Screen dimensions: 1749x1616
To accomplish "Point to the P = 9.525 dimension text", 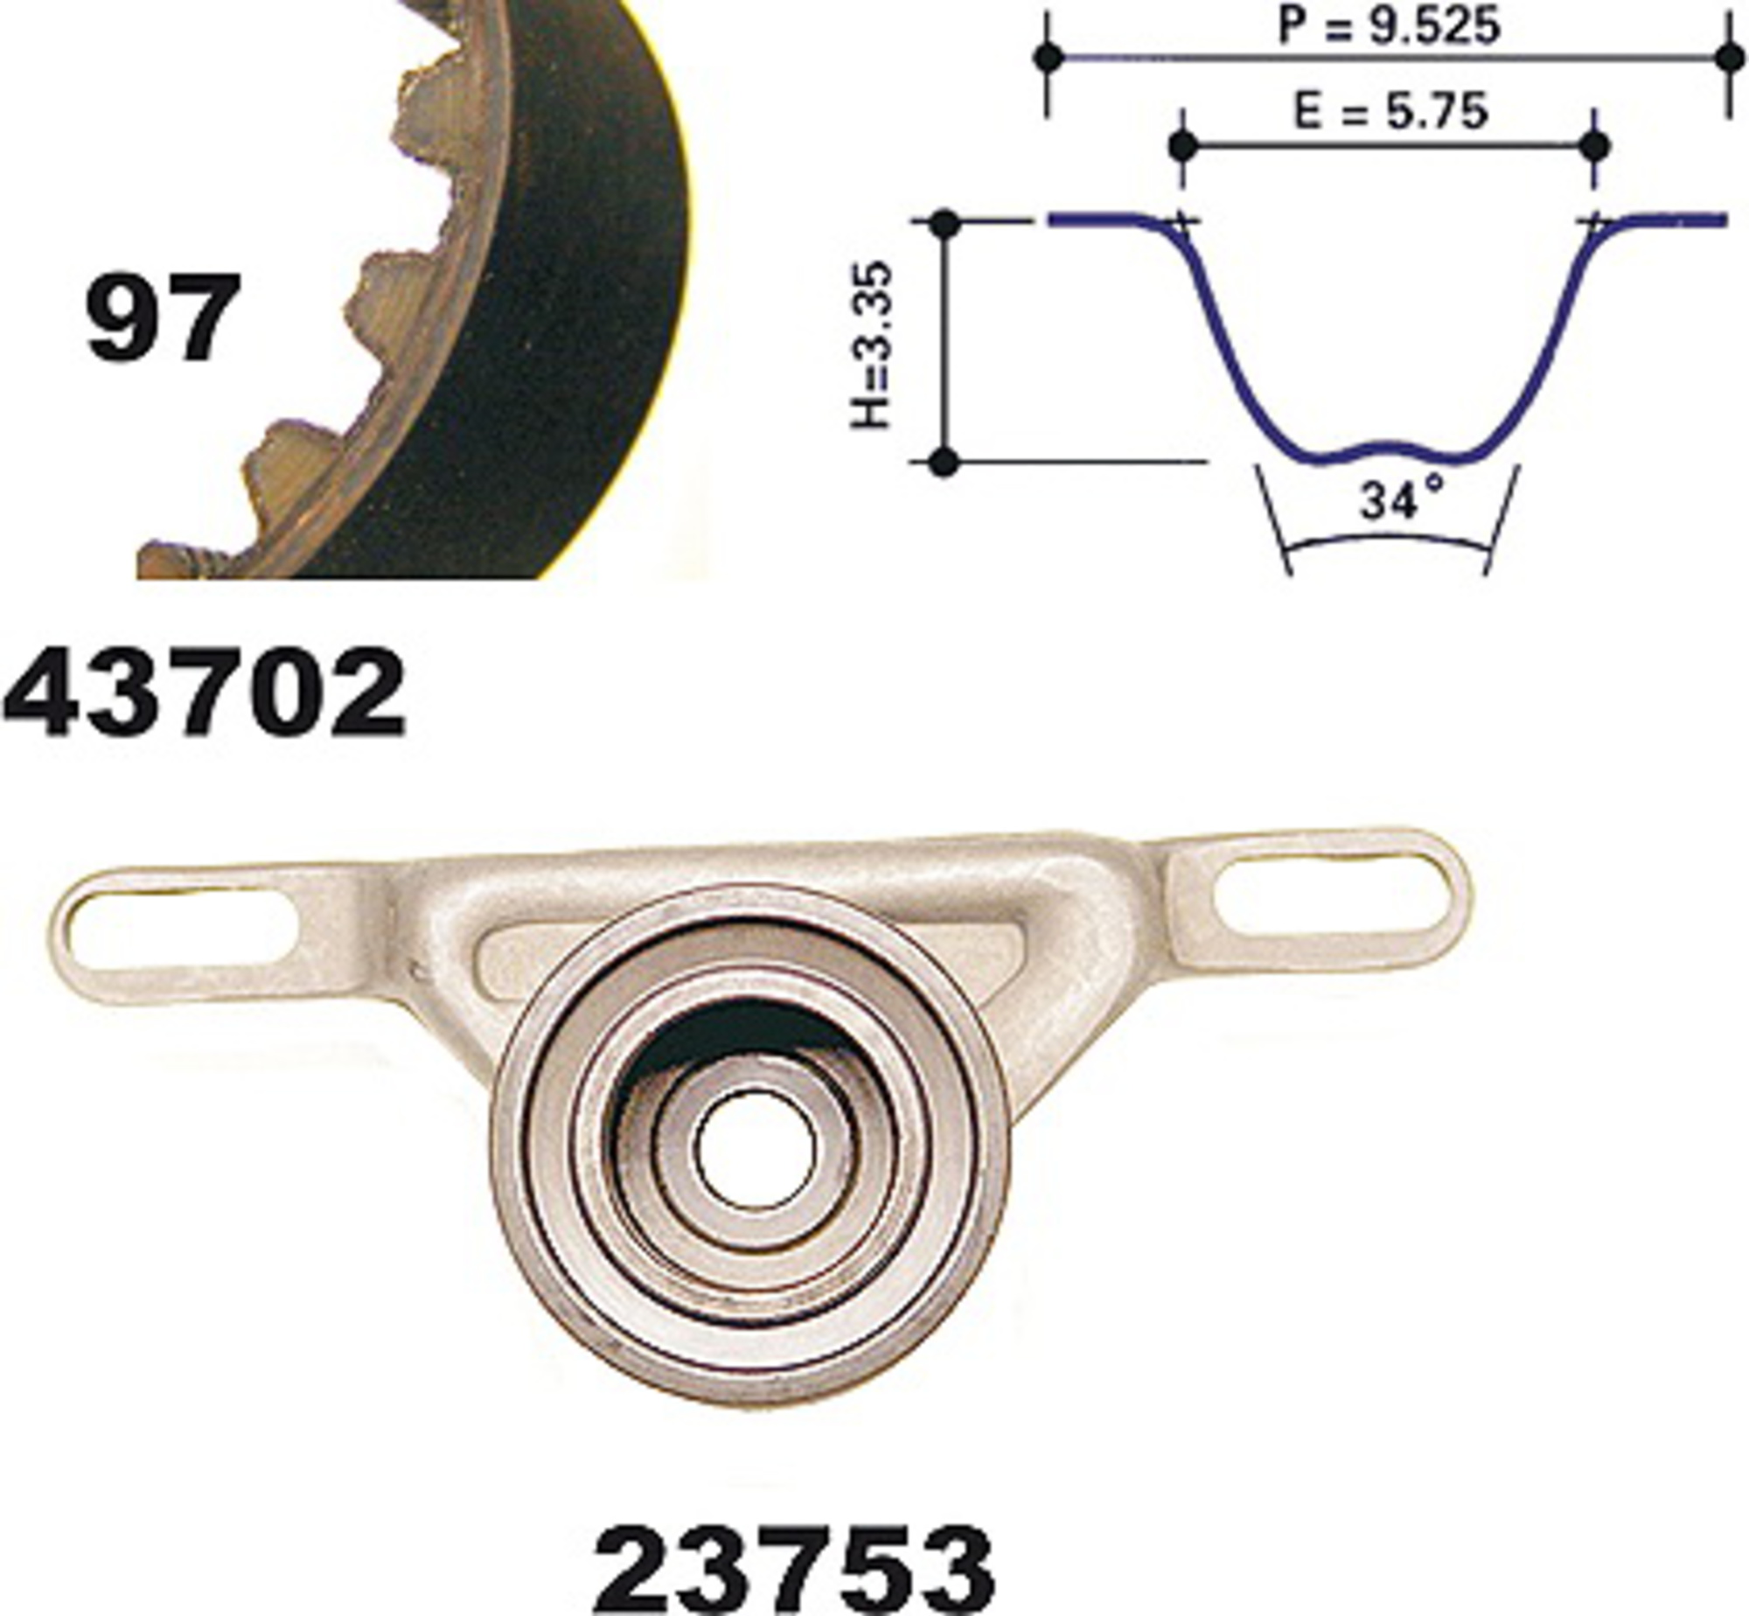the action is (1389, 25).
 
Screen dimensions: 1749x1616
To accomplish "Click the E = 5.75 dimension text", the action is (1390, 111).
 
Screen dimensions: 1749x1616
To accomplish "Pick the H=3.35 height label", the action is (872, 345).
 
